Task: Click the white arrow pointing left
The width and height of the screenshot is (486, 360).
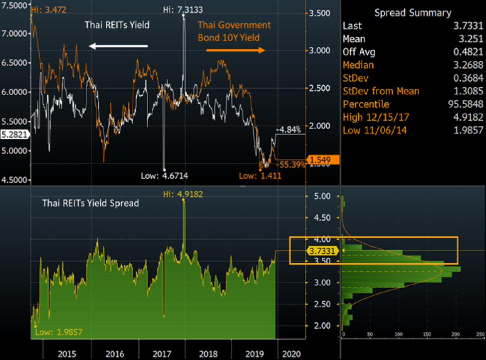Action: (x=118, y=46)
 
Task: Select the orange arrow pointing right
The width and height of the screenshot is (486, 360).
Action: (x=235, y=50)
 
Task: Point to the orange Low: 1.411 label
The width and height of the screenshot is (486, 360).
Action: (x=260, y=176)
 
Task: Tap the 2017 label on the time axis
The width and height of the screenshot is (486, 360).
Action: (x=163, y=354)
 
